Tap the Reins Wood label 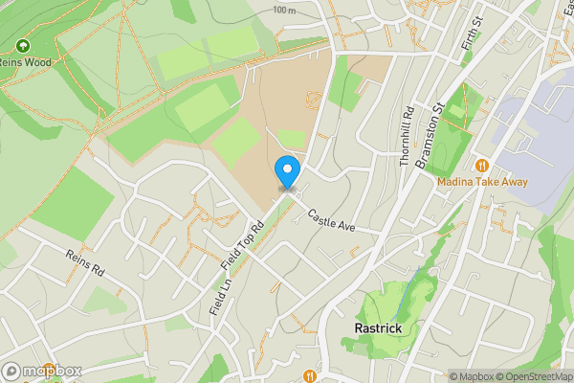click(30, 61)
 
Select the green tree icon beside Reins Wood click(22, 45)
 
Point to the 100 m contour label click(283, 10)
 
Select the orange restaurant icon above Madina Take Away click(481, 165)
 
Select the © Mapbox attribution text click(474, 376)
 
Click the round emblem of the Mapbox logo click(12, 371)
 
